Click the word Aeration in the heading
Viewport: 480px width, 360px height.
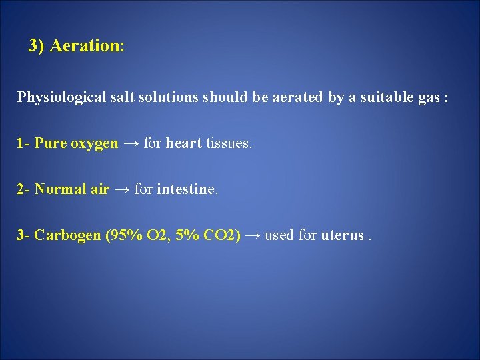pos(87,46)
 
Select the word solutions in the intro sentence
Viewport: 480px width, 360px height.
pos(167,98)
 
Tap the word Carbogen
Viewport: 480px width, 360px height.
pos(68,235)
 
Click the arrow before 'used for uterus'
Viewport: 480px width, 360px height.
pos(253,235)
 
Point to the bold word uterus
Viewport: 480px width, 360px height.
pos(342,235)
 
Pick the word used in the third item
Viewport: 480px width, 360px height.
pos(279,235)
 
